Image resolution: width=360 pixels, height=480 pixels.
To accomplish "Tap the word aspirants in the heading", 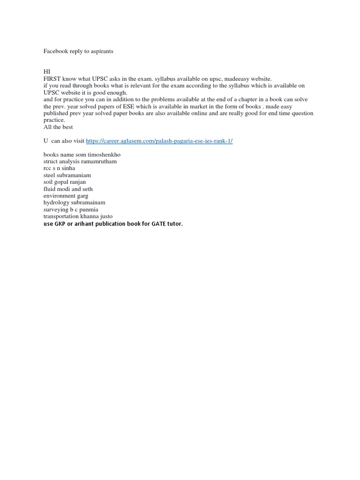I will (101, 51).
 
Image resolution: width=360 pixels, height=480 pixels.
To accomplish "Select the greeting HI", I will (46, 72).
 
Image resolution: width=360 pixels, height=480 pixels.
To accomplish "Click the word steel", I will (50, 175).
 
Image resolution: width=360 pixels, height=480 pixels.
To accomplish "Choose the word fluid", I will (50, 189).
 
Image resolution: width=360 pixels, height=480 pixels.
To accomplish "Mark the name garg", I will (82, 196).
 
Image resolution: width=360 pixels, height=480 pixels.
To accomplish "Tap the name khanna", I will (86, 217).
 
